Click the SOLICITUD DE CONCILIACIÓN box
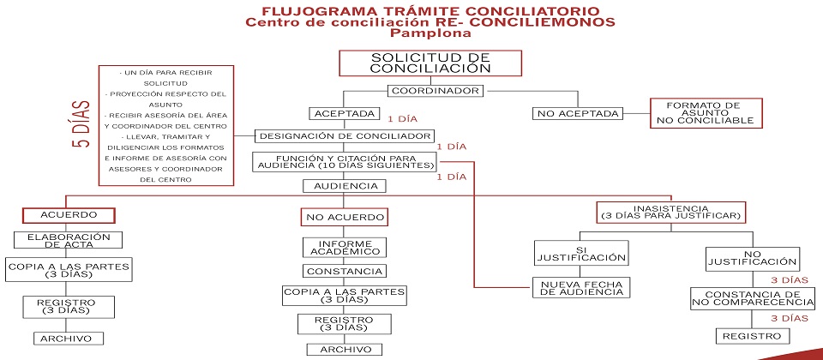point(430,63)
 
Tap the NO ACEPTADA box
point(579,113)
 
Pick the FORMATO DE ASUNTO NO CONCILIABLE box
point(705,113)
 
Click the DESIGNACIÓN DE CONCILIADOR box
point(345,135)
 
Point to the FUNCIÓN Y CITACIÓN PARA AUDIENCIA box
point(345,161)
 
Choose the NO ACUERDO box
point(344,217)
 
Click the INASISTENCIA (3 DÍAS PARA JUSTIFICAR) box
point(670,212)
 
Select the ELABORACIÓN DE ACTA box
point(68,240)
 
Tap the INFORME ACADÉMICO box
point(344,247)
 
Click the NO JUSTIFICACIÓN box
point(752,257)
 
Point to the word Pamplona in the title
point(430,34)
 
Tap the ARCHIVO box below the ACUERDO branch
point(68,338)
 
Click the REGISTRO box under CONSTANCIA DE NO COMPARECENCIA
point(752,336)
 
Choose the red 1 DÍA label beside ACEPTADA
point(403,119)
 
